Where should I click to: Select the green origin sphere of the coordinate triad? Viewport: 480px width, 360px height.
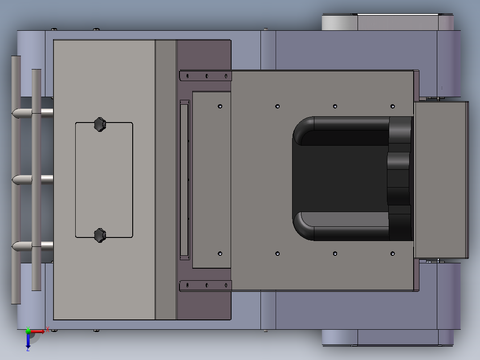pos(28,331)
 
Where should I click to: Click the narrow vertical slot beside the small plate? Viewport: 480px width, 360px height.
pos(184,180)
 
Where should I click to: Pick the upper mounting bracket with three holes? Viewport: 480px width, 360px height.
pos(206,76)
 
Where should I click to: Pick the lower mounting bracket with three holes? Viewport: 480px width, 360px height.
pos(206,285)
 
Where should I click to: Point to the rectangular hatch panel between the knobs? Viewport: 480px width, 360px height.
pos(104,180)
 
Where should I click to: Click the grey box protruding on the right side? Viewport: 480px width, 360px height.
pos(441,180)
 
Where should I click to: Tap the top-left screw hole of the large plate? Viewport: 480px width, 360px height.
pos(220,106)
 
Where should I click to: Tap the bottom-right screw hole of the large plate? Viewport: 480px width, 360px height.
pos(392,254)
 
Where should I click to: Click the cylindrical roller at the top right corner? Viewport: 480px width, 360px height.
pos(339,22)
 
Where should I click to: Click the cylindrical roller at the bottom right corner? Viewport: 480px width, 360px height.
pos(339,338)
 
